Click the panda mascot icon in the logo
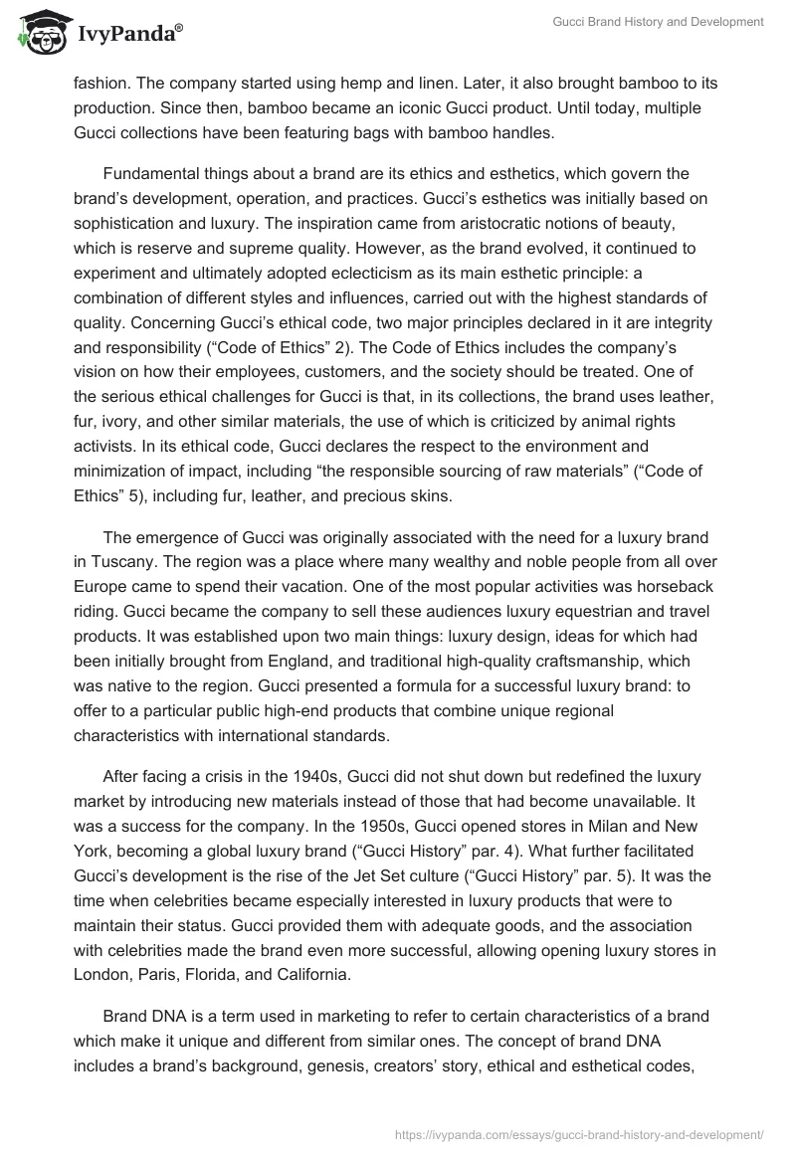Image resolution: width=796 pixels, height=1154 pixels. [x=38, y=32]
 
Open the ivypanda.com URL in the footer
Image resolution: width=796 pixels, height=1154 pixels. [x=578, y=1133]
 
